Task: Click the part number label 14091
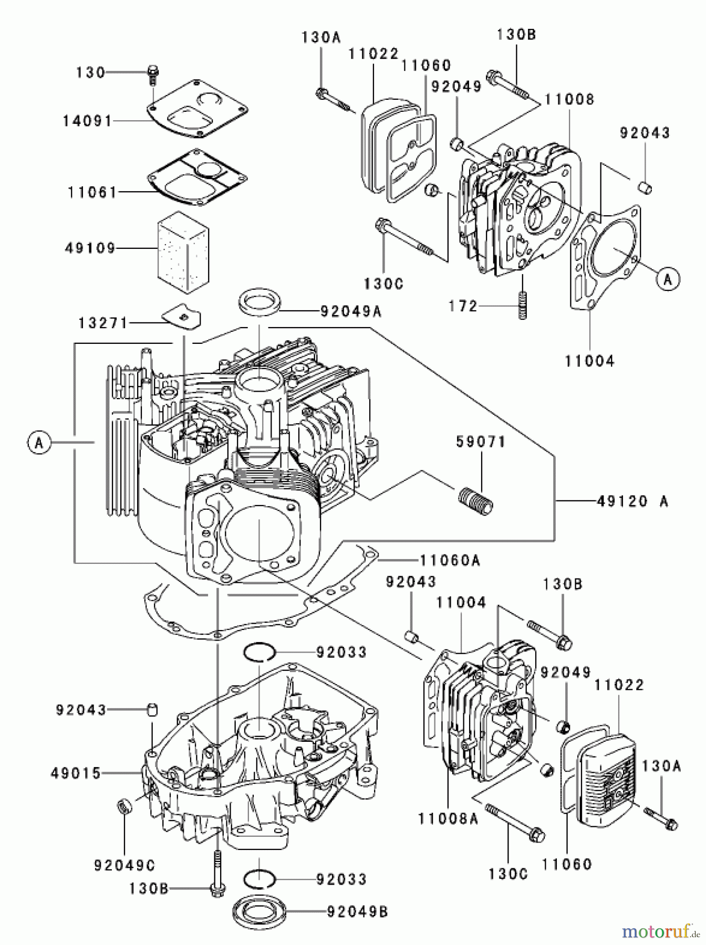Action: [87, 121]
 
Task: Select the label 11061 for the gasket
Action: [92, 192]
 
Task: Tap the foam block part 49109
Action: [183, 254]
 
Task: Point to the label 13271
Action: [103, 323]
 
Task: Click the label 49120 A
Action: [632, 501]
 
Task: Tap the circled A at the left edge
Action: [38, 443]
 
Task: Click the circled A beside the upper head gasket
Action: [668, 279]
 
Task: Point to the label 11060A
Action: [450, 560]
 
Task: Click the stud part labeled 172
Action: [522, 304]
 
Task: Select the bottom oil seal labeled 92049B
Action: [259, 912]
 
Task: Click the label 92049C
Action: [124, 865]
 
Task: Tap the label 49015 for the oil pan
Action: [76, 773]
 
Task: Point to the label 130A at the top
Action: [320, 37]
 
